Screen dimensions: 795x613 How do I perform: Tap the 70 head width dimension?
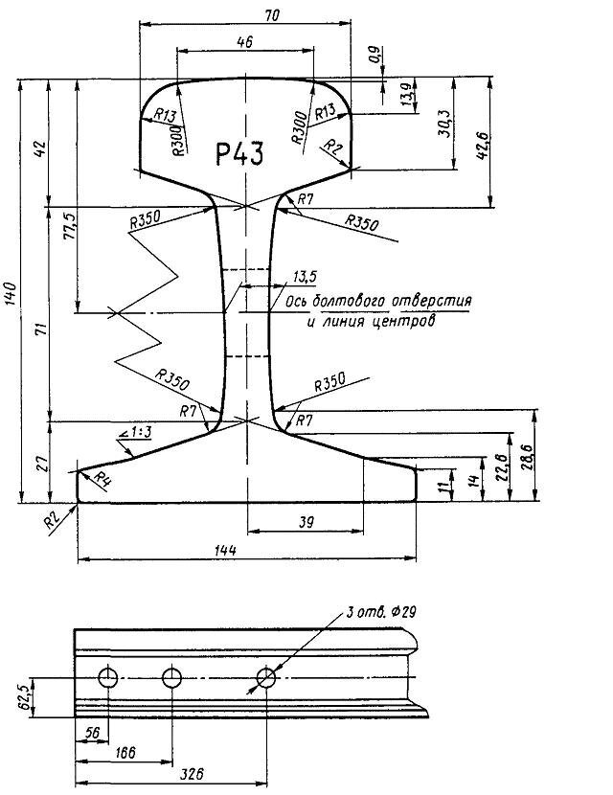pos(246,15)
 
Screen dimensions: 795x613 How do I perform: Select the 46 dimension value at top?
pos(245,41)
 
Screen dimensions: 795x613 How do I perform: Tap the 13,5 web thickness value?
pos(305,277)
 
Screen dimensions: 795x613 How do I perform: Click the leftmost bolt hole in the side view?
pos(107,678)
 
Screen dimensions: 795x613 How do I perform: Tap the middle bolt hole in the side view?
pos(172,678)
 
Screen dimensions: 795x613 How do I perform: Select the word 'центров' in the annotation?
pos(404,322)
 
